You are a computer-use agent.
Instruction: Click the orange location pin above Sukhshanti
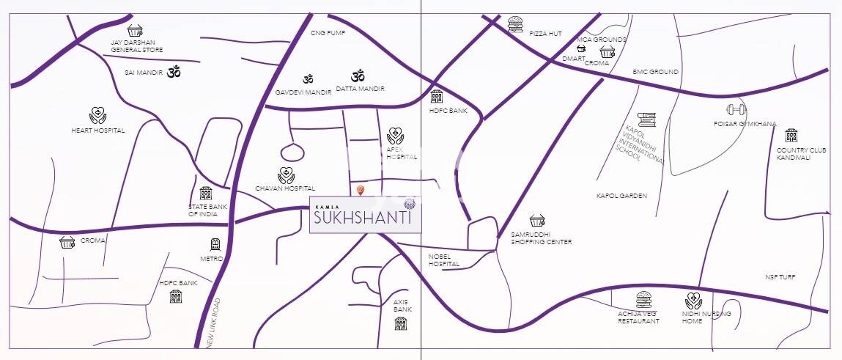coord(360,191)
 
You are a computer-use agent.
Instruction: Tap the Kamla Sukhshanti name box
coord(365,215)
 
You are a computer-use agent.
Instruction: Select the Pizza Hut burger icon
coord(515,26)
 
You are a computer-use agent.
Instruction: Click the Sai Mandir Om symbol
coord(174,72)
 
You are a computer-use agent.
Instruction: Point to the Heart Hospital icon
coord(97,115)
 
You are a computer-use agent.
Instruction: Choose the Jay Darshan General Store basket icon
coord(135,30)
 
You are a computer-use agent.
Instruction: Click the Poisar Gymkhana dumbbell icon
coord(736,110)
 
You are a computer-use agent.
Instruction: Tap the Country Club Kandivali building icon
coord(791,136)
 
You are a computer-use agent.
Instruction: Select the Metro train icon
coord(215,245)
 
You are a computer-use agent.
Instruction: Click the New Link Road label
coord(213,323)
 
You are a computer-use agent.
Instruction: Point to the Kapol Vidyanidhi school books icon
coord(646,120)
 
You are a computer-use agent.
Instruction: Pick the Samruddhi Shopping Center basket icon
coord(537,220)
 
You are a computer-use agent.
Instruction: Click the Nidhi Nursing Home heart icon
coord(693,300)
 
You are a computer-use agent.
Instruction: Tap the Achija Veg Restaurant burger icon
coord(644,300)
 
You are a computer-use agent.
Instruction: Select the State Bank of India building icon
coord(206,193)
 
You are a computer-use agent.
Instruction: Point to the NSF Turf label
coord(780,277)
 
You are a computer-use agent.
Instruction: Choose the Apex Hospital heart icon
coord(396,136)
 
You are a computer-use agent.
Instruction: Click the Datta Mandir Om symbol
coord(358,76)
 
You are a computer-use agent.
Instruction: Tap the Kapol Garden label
coord(621,196)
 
